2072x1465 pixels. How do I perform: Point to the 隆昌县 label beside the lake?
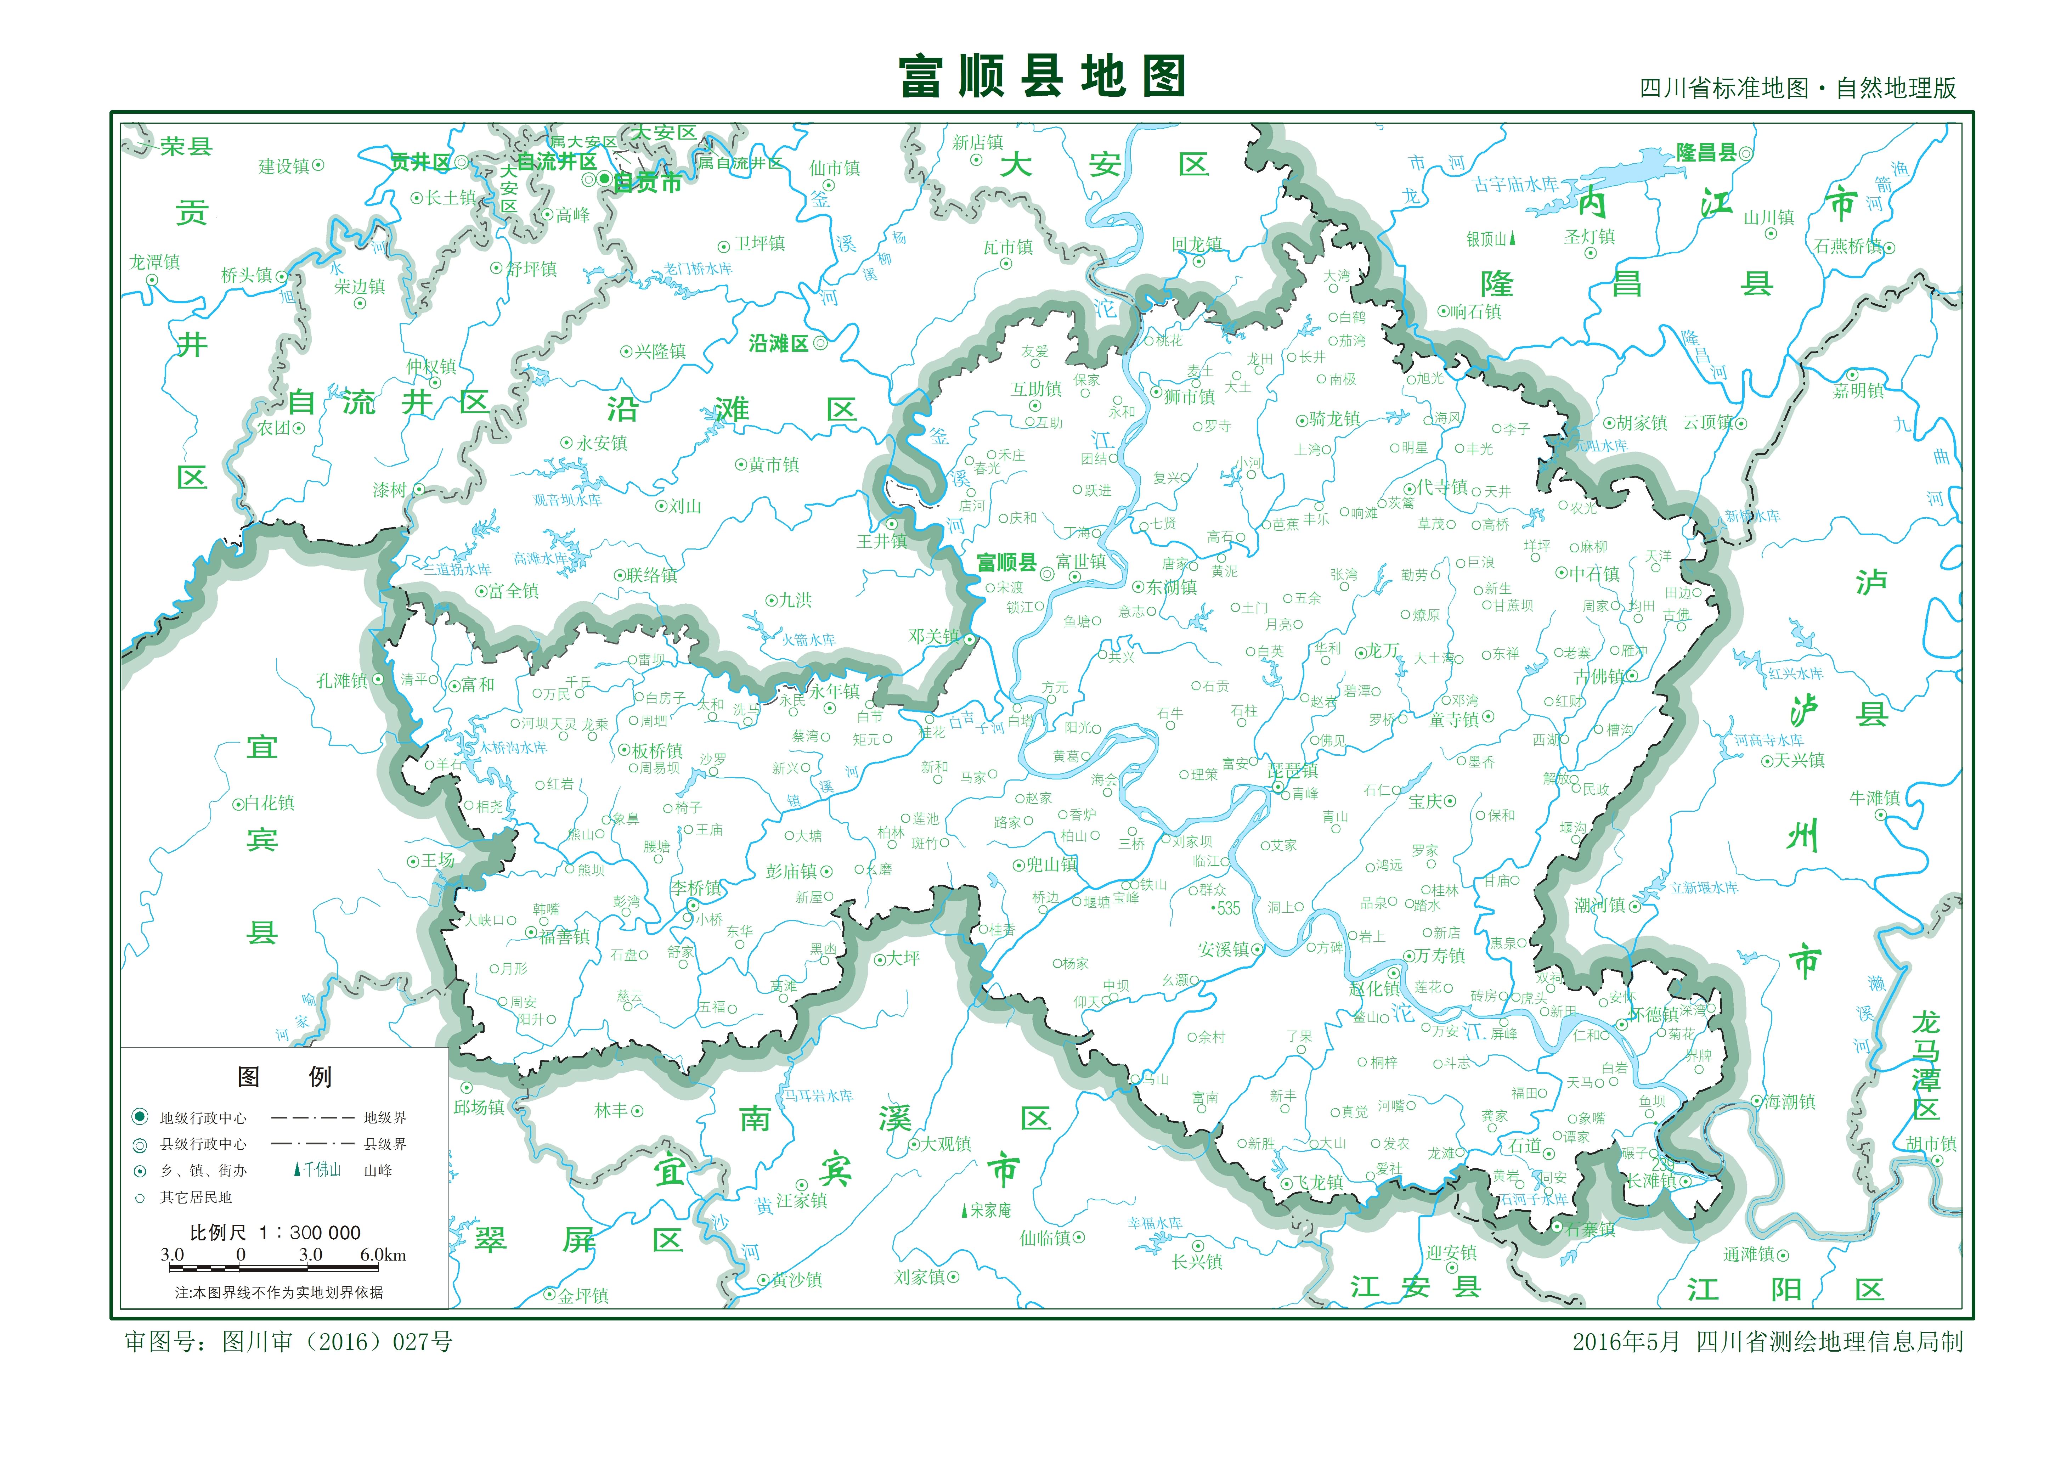click(1706, 153)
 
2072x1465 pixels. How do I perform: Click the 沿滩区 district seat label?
click(778, 344)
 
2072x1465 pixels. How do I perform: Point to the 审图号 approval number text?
click(289, 1342)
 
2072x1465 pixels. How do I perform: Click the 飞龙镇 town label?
click(1319, 1183)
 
